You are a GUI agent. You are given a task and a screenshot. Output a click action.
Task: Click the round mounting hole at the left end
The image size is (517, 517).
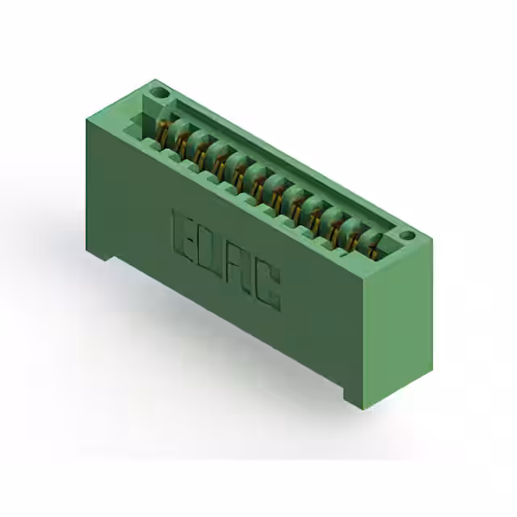[x=159, y=94]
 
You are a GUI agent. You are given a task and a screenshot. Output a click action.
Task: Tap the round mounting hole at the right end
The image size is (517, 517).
[x=407, y=236]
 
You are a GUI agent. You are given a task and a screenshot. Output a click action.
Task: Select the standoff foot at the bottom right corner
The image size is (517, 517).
[x=355, y=396]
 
